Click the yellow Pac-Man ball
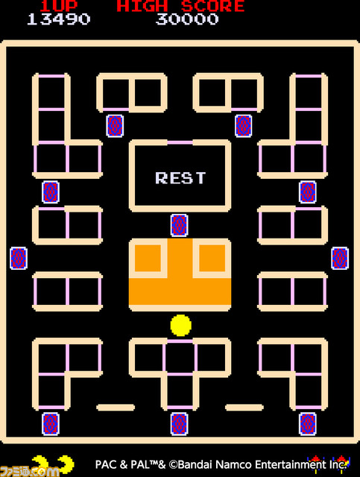[x=181, y=325]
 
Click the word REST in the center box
[x=180, y=177]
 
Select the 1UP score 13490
[x=58, y=19]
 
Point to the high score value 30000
[x=187, y=19]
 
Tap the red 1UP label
[x=58, y=6]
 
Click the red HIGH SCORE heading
[x=181, y=6]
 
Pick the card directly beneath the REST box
[x=179, y=225]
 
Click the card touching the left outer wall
[x=19, y=259]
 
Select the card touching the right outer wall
[x=340, y=259]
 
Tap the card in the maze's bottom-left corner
[x=51, y=424]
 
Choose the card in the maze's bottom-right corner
[x=308, y=424]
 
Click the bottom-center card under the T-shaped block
[x=179, y=424]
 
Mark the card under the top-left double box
[x=115, y=126]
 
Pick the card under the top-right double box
[x=244, y=126]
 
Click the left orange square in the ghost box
[x=148, y=258]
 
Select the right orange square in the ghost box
[x=212, y=258]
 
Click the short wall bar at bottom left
[x=116, y=408]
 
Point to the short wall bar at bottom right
[x=244, y=408]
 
